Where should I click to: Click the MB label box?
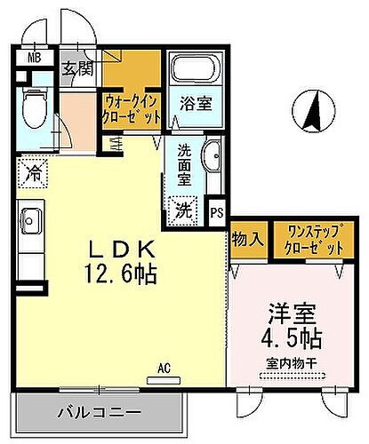click(34, 59)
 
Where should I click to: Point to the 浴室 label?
click(196, 104)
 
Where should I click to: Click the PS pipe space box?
click(216, 213)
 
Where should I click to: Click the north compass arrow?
click(312, 111)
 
